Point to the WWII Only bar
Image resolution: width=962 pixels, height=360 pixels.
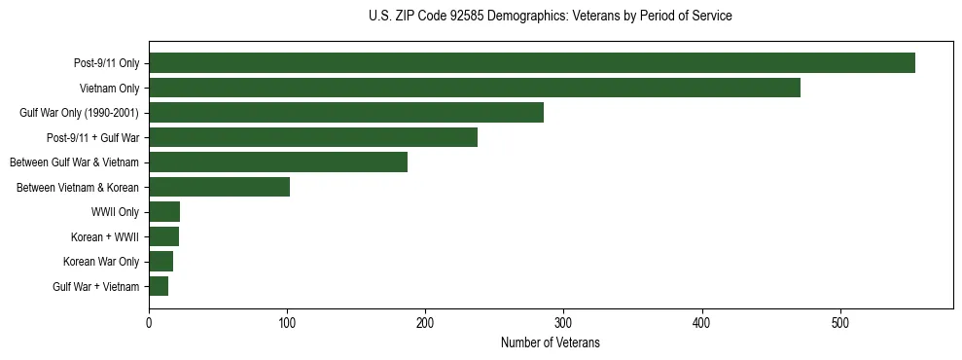(164, 212)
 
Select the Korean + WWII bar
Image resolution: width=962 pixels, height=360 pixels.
(163, 236)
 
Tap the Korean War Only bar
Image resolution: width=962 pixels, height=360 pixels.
(160, 262)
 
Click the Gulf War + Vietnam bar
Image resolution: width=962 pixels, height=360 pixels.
(159, 286)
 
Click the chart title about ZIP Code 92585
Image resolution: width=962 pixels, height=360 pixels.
(551, 17)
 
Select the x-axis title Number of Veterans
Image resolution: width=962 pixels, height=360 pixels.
(551, 343)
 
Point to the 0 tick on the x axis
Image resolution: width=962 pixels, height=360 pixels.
(149, 323)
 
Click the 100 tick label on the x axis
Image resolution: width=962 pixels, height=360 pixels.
(287, 323)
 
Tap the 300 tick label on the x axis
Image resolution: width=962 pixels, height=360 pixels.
(564, 323)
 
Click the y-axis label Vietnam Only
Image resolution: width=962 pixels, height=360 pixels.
(109, 89)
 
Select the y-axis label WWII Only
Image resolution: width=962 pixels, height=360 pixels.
(115, 212)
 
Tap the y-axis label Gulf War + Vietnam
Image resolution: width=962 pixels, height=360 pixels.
(96, 287)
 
